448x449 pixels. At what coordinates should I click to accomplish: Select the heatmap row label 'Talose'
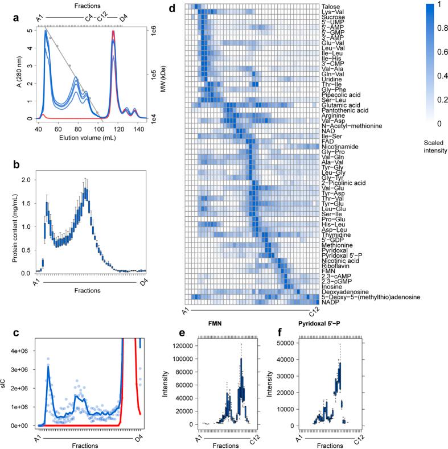click(x=331, y=6)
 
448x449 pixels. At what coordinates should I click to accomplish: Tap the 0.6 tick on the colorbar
click(x=434, y=52)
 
